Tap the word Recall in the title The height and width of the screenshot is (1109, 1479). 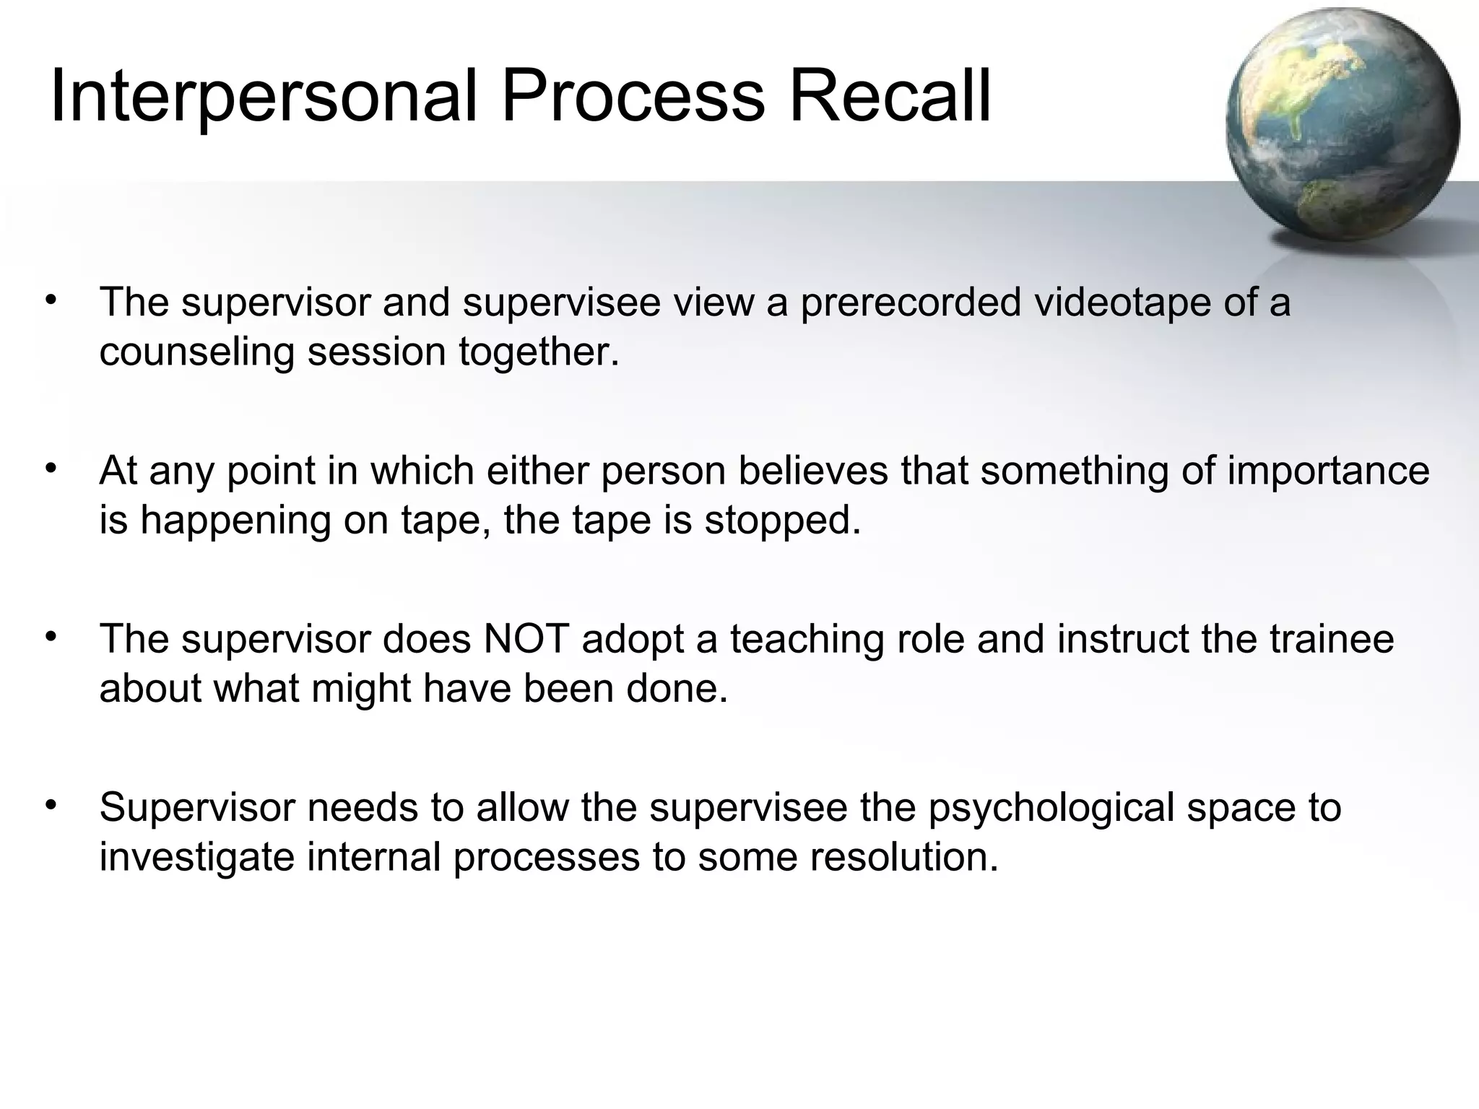[x=890, y=96]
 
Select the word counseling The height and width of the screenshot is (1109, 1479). [x=196, y=352]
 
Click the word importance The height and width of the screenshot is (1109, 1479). [x=1328, y=471]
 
